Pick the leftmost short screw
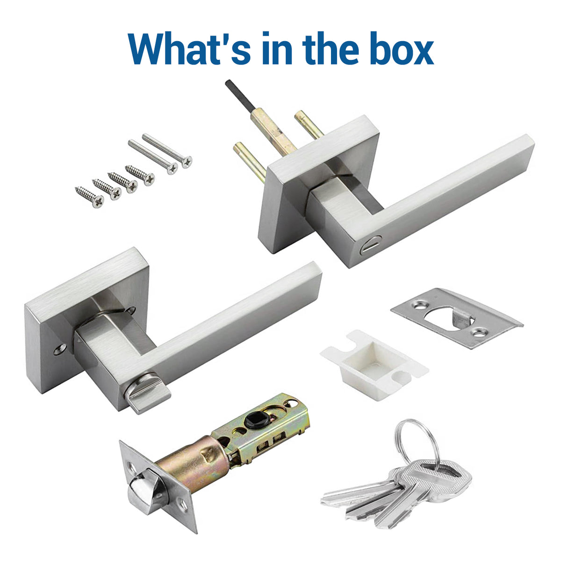(x=89, y=197)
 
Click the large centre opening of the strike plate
(x=449, y=320)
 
